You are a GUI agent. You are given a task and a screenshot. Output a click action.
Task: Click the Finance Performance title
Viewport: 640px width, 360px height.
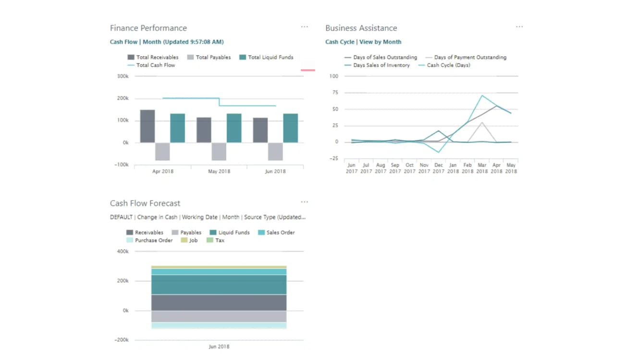[148, 28]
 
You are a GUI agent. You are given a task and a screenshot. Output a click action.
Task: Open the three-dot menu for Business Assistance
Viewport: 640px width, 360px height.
[519, 27]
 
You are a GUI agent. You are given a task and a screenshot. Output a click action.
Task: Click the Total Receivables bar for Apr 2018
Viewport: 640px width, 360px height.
[148, 126]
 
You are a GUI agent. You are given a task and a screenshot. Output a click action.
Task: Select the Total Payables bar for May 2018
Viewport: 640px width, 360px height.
[219, 151]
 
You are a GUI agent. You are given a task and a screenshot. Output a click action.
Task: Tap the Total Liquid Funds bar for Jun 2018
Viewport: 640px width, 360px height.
[290, 128]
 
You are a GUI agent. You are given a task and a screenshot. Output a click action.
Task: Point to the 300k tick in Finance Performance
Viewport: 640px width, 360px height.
[123, 76]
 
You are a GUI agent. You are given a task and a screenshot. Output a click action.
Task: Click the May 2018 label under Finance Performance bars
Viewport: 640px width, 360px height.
[219, 171]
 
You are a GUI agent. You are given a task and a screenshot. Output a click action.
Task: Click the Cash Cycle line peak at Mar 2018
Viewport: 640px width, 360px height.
[482, 95]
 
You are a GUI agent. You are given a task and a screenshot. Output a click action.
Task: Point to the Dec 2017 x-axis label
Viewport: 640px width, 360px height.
[438, 168]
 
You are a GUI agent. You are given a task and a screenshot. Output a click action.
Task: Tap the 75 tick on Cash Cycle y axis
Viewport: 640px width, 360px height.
[334, 92]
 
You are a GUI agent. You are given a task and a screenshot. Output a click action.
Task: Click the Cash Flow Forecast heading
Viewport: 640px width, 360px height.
[145, 203]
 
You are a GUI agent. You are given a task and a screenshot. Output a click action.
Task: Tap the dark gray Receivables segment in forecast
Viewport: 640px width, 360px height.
[219, 302]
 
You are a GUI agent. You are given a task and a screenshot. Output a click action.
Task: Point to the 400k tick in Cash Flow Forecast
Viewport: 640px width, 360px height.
[123, 251]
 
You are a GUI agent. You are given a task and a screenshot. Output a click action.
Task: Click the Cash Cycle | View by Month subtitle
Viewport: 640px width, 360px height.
[363, 42]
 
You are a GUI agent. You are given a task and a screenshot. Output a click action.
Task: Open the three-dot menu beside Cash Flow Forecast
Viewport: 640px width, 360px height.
[304, 202]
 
